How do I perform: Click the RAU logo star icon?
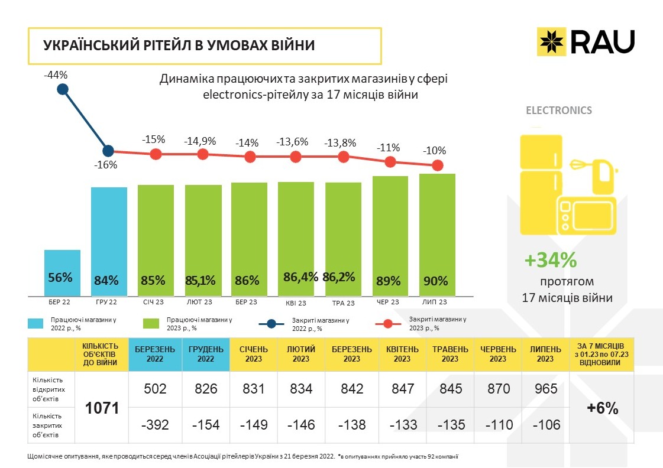[551, 41]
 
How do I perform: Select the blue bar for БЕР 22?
[62, 272]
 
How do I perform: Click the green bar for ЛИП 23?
[437, 235]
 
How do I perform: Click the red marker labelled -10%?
[437, 165]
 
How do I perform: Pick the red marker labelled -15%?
[156, 154]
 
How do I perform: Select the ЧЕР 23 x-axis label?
[387, 303]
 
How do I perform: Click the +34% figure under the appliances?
[551, 260]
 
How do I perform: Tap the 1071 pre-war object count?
[102, 408]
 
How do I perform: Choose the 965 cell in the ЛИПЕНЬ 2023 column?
[546, 389]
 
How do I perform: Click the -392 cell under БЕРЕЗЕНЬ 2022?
[155, 425]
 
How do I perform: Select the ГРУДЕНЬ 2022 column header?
[206, 354]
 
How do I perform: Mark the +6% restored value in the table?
[603, 408]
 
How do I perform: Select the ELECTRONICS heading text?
[559, 110]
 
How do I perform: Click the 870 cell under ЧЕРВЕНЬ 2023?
[498, 389]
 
